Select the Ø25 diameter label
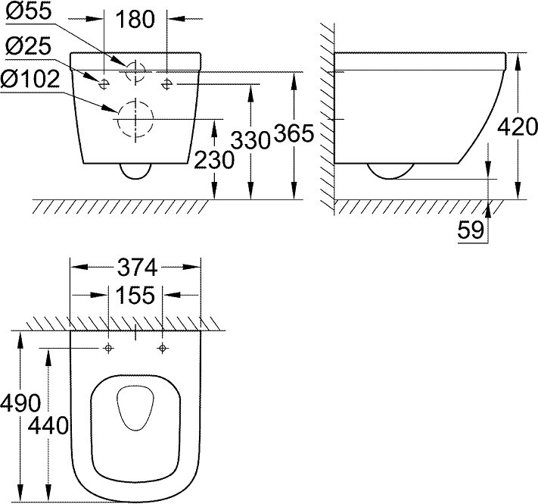(29, 48)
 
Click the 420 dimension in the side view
(518, 126)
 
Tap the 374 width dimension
(136, 267)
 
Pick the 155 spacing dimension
(136, 295)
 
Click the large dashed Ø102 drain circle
(135, 120)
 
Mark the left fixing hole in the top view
(109, 348)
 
